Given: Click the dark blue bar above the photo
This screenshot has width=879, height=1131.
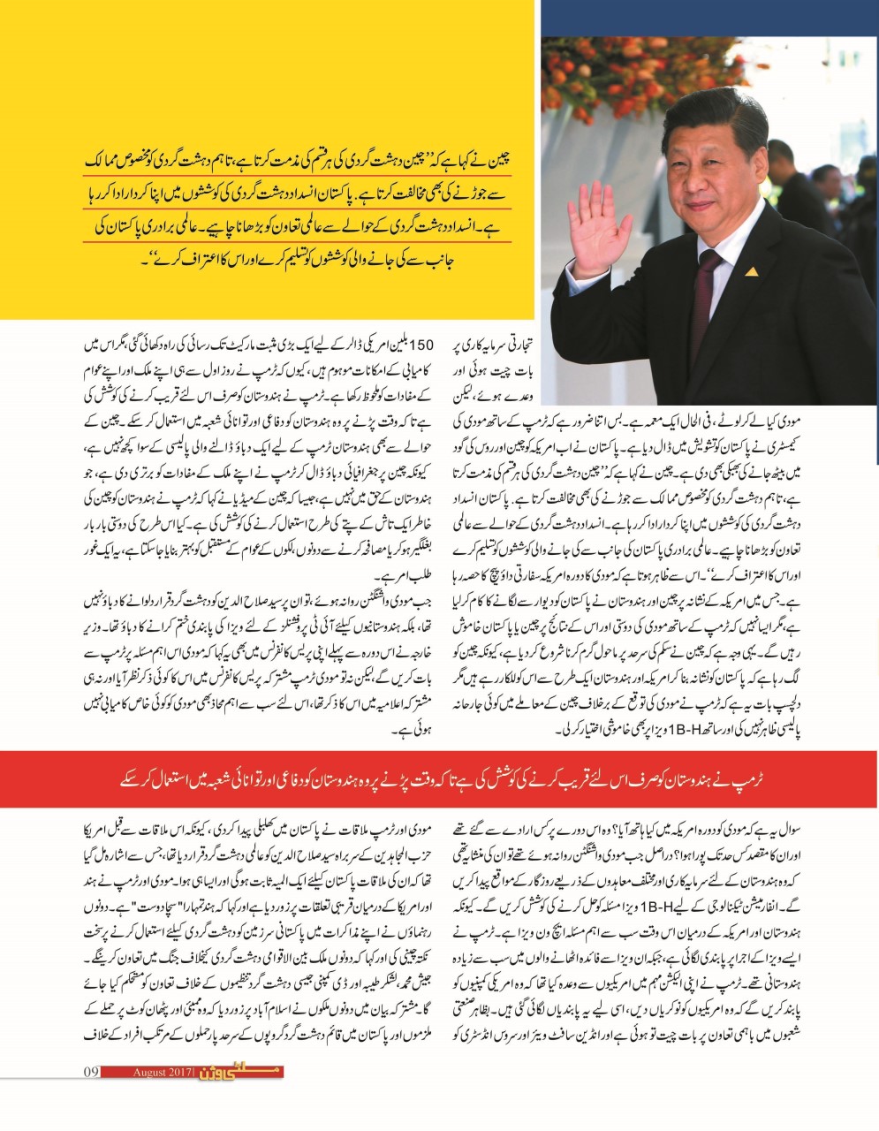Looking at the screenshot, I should pyautogui.click(x=708, y=19).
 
